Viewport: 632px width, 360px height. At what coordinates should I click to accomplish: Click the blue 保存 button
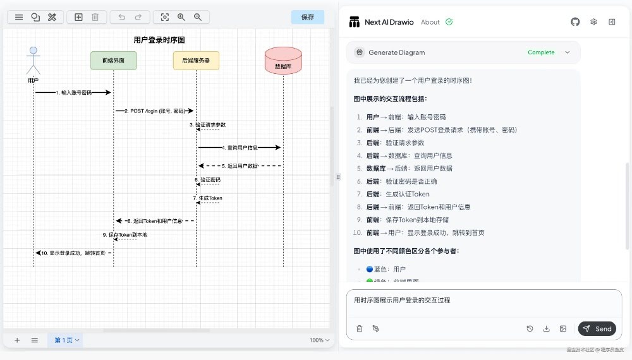tap(307, 17)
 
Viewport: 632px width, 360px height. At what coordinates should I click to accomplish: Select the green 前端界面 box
tap(113, 61)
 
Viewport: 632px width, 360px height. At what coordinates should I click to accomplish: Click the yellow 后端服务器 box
tap(196, 61)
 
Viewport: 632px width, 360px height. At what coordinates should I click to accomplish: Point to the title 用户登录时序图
tap(159, 40)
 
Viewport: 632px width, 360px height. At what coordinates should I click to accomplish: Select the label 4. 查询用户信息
tap(240, 147)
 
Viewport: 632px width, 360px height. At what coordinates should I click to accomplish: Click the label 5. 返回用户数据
tap(240, 165)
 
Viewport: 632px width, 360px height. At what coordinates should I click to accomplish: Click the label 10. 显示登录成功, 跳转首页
tap(73, 253)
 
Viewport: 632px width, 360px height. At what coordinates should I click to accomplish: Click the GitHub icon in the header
tap(575, 21)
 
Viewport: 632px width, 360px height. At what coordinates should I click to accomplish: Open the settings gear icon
tap(593, 21)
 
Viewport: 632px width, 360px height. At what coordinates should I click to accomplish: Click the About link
tap(430, 22)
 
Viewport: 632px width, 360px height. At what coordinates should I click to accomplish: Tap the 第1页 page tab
tap(66, 340)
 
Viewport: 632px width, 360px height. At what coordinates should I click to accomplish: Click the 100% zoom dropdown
tap(320, 340)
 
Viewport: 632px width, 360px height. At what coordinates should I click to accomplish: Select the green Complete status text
tap(541, 52)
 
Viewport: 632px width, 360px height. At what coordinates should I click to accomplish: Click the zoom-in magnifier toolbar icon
tap(181, 17)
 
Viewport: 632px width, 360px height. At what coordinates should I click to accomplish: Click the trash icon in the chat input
tap(360, 328)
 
